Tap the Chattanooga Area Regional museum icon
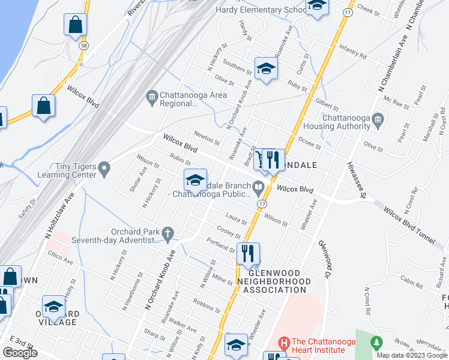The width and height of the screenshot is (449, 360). pos(151,95)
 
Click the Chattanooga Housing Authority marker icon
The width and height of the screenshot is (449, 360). pos(377,119)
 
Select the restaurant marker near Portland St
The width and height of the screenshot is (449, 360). pos(248,254)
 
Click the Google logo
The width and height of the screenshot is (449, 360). pos(20,353)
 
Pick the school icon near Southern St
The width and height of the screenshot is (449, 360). pos(265,68)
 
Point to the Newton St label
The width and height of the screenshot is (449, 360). pos(207,137)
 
